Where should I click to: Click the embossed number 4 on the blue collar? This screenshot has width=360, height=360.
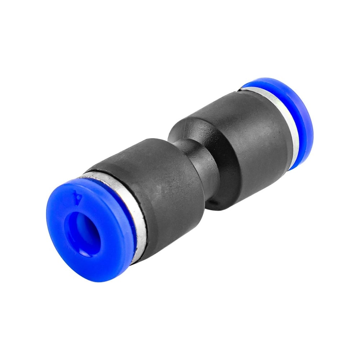[77, 196]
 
